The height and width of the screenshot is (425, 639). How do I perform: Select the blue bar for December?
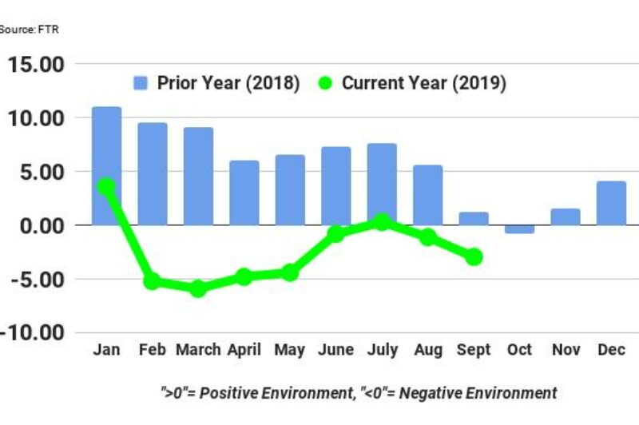click(611, 203)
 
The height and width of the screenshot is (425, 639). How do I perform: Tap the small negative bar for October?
click(519, 229)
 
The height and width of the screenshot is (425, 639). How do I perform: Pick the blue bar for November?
click(565, 216)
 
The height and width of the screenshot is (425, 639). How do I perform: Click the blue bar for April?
click(244, 193)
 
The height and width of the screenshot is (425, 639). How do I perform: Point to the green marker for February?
click(152, 281)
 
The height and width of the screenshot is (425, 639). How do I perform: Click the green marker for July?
click(382, 222)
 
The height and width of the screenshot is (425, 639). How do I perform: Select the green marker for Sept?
click(474, 256)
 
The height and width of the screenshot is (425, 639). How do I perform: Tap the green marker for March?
click(197, 288)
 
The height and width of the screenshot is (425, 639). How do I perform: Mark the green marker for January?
click(106, 186)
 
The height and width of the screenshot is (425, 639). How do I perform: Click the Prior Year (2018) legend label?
click(228, 84)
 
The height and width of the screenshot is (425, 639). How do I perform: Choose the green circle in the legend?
click(325, 84)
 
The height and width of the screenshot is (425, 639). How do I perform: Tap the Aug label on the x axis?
click(427, 351)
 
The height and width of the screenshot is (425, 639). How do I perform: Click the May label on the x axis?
click(289, 351)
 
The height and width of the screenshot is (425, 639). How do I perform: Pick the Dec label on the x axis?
click(611, 351)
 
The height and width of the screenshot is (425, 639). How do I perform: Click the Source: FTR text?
click(29, 30)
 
